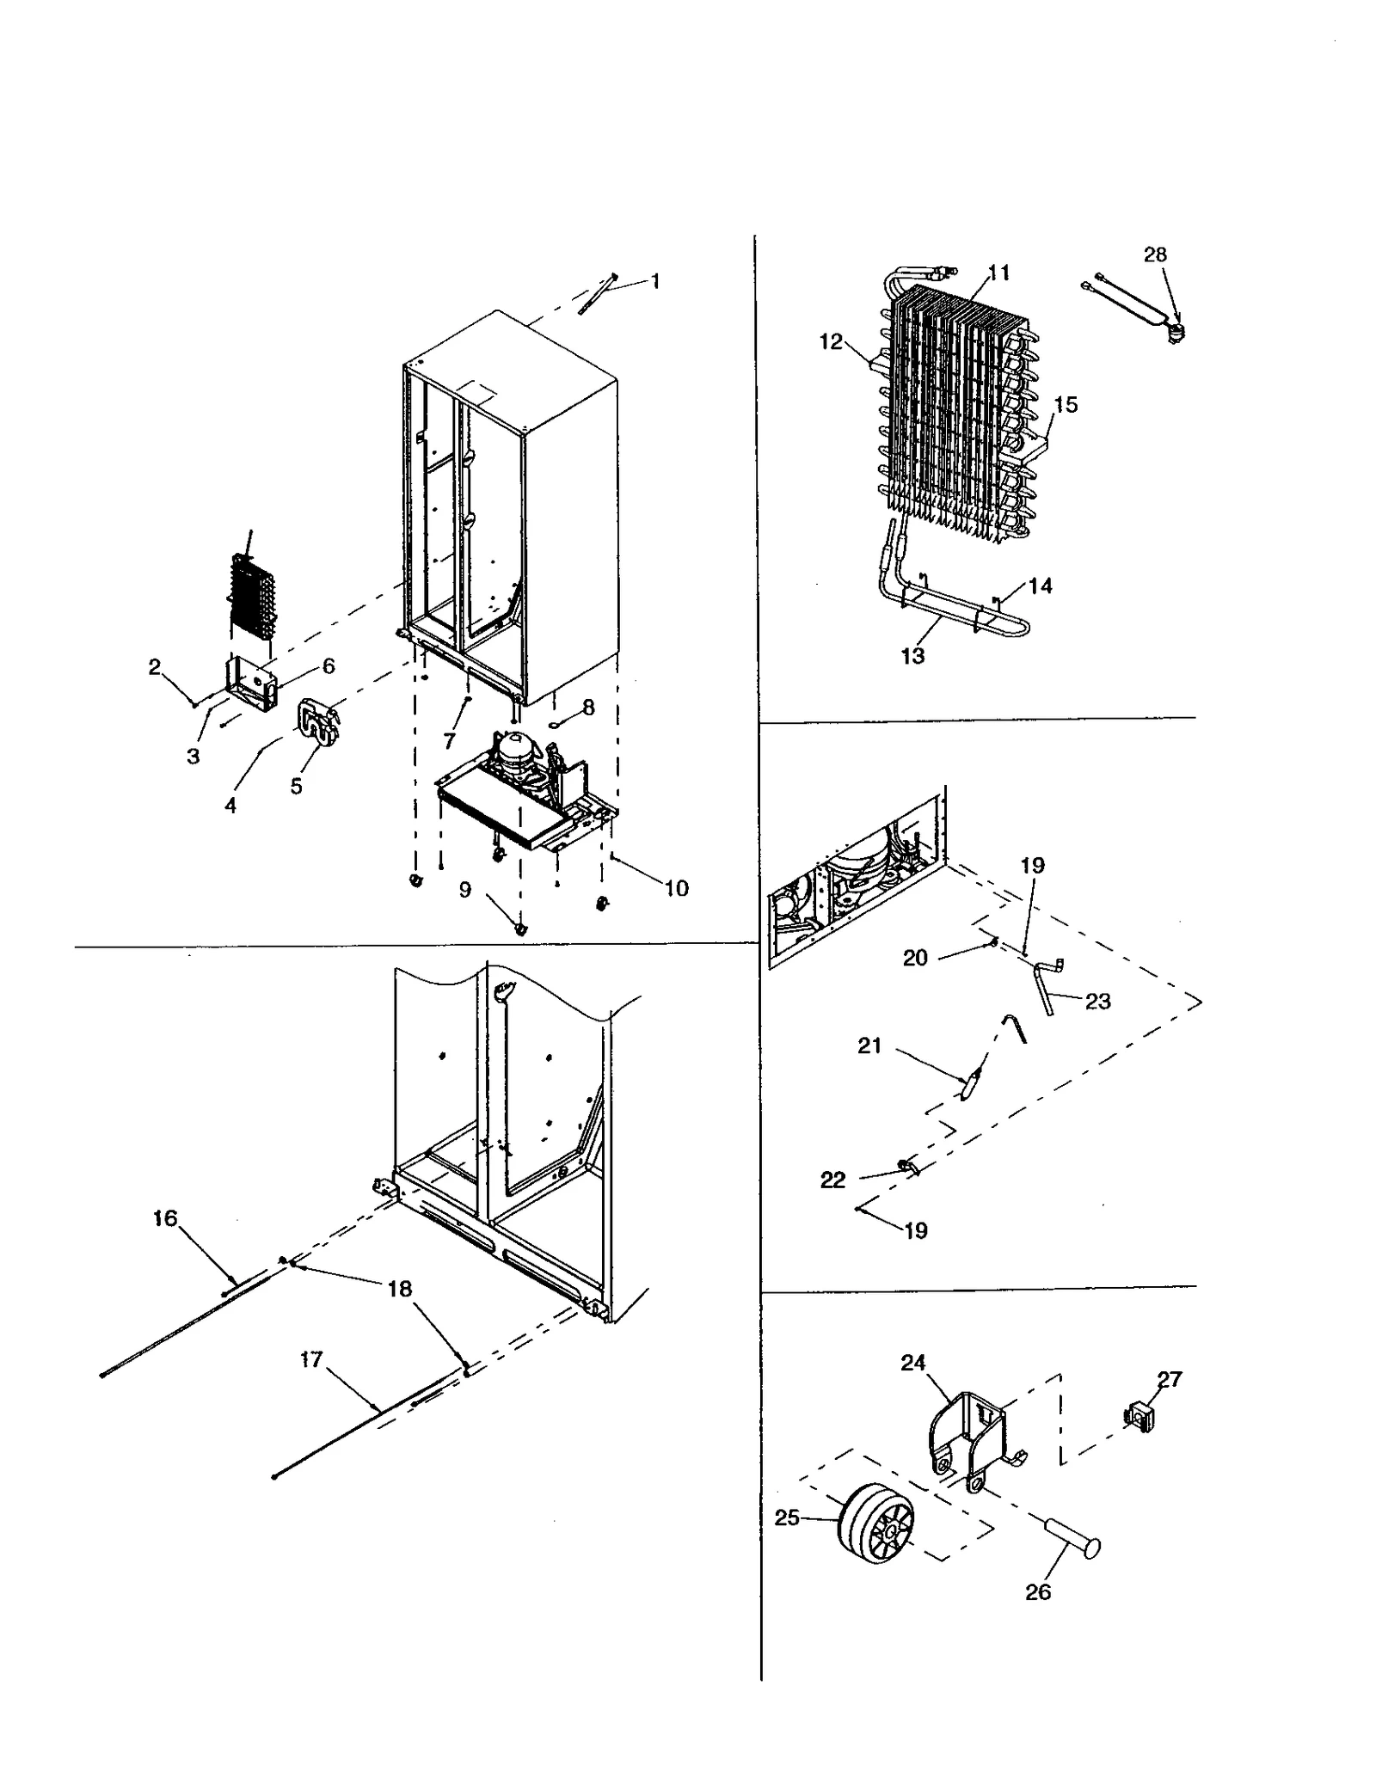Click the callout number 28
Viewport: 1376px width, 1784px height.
pyautogui.click(x=1154, y=254)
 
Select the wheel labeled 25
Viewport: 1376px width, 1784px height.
pyautogui.click(x=875, y=1525)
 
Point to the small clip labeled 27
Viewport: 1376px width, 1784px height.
pyautogui.click(x=1139, y=1417)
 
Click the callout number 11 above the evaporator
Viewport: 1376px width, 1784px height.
pyautogui.click(x=998, y=273)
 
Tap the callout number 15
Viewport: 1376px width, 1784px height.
pyautogui.click(x=1065, y=404)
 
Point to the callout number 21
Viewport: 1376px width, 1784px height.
pyautogui.click(x=869, y=1045)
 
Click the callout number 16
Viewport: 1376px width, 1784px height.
pyautogui.click(x=165, y=1217)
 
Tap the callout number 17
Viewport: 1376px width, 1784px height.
pyautogui.click(x=311, y=1358)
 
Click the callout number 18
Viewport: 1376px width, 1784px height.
pyautogui.click(x=399, y=1289)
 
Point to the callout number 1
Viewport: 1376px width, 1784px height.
pyautogui.click(x=655, y=281)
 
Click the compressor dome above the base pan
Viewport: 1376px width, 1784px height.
pyautogui.click(x=515, y=745)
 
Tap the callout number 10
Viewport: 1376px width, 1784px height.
pyautogui.click(x=676, y=888)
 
